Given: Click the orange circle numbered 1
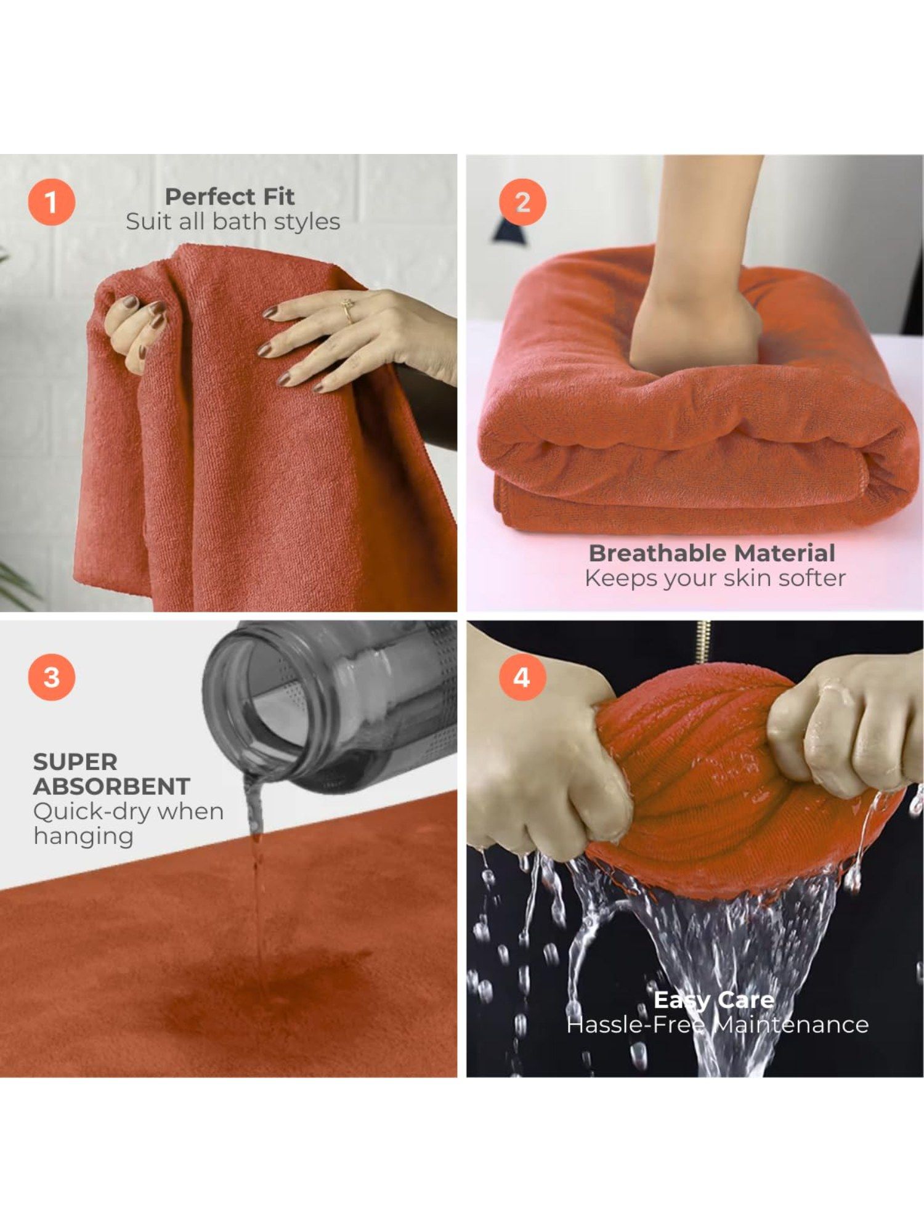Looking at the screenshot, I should click(51, 202).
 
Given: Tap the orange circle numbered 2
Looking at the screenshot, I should click(522, 202).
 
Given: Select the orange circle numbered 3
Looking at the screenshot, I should click(51, 677).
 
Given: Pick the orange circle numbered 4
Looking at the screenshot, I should click(522, 677).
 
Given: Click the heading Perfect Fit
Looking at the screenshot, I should click(230, 197).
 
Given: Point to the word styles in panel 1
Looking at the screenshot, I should click(307, 222).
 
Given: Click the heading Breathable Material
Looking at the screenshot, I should click(711, 553).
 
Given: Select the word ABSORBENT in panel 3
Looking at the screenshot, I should click(111, 787).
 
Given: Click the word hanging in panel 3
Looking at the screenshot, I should click(83, 837).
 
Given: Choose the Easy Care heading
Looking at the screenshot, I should click(713, 999).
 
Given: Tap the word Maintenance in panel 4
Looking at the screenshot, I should click(791, 1024).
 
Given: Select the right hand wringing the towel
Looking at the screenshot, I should click(844, 727).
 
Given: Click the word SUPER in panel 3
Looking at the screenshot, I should click(75, 762).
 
